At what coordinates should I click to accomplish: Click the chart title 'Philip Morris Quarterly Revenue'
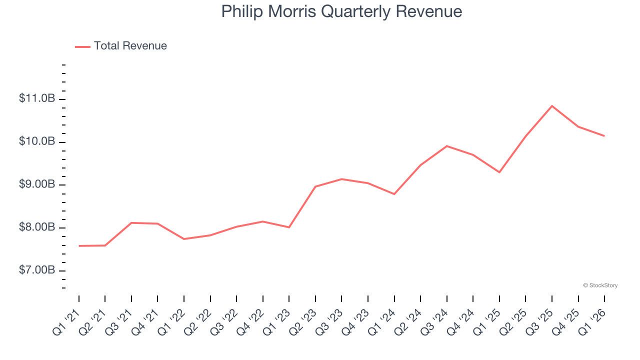click(x=341, y=11)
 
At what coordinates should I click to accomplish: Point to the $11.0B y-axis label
click(x=37, y=98)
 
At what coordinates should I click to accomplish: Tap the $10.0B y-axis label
click(x=37, y=141)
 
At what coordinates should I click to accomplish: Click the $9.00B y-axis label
click(x=37, y=184)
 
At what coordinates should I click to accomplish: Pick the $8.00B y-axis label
click(x=37, y=227)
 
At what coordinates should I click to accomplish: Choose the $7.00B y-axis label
click(x=37, y=270)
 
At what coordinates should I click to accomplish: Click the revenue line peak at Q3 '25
click(x=552, y=106)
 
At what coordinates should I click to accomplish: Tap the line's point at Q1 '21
click(x=79, y=246)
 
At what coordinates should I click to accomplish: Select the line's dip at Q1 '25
click(x=499, y=172)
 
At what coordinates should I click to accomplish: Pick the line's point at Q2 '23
click(x=315, y=186)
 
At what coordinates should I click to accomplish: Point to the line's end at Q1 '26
click(x=604, y=136)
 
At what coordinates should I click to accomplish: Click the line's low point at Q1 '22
click(x=184, y=239)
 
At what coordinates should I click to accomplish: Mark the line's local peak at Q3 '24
click(x=447, y=146)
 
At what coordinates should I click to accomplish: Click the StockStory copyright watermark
click(x=600, y=285)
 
